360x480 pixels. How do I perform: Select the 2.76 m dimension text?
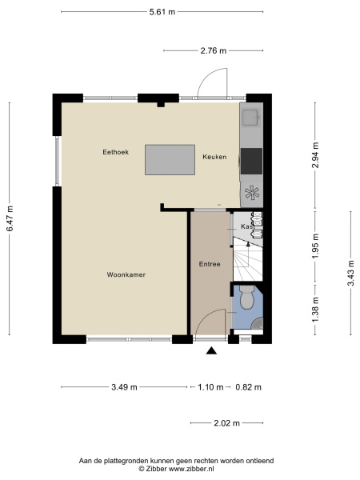213,50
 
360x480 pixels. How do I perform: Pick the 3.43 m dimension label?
350,274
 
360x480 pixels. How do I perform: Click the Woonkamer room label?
126,274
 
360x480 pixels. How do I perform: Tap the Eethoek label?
116,152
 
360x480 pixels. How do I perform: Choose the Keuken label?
214,157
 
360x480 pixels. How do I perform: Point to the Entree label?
209,264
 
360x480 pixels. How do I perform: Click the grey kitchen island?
170,159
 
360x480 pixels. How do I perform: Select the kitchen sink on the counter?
250,118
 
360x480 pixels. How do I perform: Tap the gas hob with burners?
252,191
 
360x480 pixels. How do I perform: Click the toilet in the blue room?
246,301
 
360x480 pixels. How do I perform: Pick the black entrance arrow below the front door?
211,350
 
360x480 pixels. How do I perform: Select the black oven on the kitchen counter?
251,161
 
